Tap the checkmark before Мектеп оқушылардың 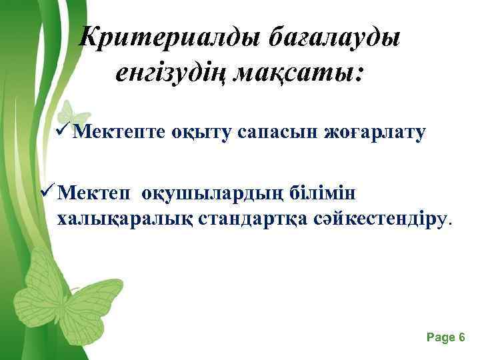tap(47, 193)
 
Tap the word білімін tap(327, 193)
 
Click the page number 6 tap(461, 338)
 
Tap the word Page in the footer tap(439, 338)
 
